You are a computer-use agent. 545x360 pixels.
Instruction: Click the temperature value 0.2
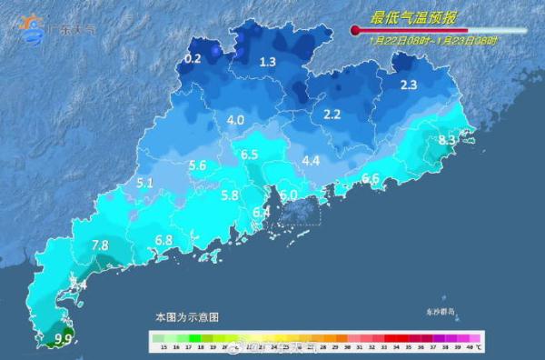tap(193, 59)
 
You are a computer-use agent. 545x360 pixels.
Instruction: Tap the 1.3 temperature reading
tap(267, 62)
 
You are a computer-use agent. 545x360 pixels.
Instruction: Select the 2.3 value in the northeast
tap(408, 85)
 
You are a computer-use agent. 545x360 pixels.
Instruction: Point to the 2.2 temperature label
tap(332, 114)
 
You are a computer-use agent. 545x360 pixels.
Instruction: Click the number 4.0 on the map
tap(236, 120)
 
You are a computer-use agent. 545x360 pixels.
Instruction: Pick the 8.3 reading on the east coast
tap(447, 140)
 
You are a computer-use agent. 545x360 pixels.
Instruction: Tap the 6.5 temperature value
tap(251, 155)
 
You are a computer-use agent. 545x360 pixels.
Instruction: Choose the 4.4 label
tap(311, 161)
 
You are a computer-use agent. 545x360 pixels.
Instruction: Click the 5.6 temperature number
tap(198, 165)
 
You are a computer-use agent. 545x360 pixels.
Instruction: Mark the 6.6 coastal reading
tap(370, 177)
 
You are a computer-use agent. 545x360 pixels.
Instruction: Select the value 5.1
tap(144, 183)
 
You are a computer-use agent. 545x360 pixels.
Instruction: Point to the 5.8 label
tap(230, 195)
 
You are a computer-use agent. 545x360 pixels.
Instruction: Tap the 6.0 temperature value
tap(289, 195)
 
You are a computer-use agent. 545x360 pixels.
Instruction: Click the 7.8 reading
tap(100, 245)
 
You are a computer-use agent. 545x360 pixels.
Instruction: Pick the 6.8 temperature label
tap(163, 240)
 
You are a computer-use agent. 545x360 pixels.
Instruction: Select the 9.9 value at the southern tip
tap(64, 339)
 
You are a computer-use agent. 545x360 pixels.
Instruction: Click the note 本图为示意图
tap(186, 317)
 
